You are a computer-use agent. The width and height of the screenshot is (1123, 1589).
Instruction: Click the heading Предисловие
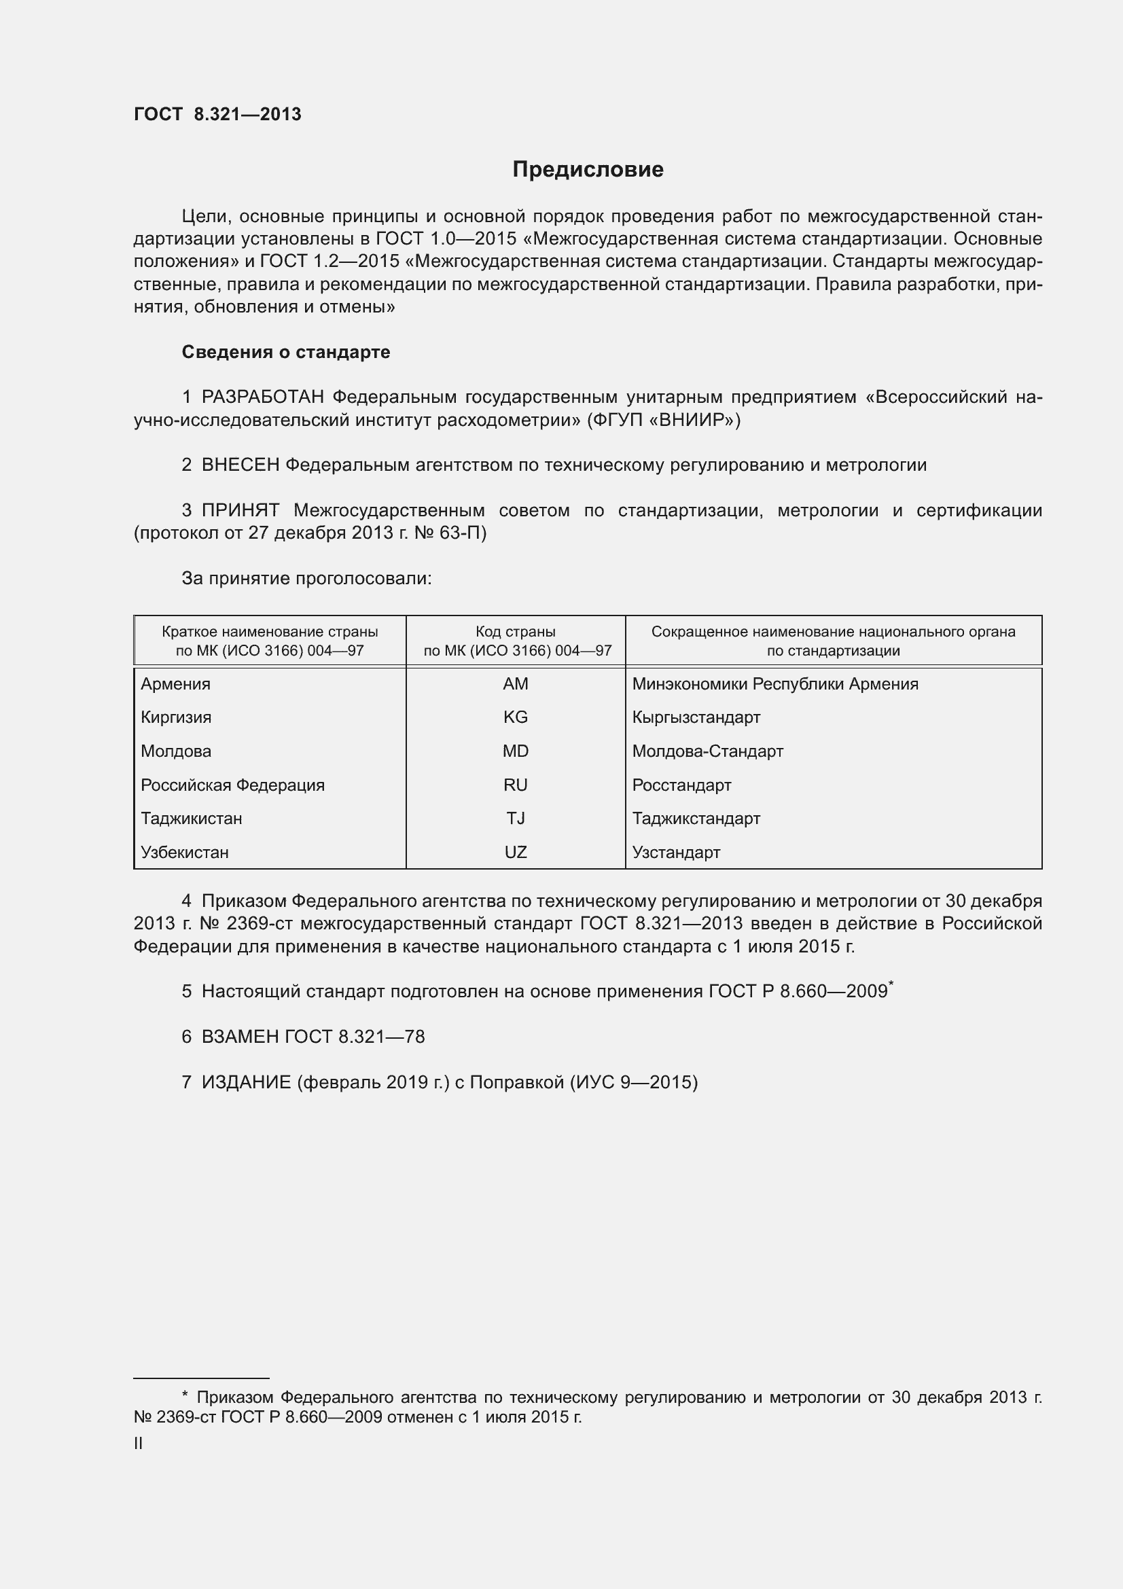[588, 170]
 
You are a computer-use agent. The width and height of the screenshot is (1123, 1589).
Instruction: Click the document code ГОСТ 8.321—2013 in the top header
[217, 115]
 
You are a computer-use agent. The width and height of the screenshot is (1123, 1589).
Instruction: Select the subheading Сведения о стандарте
[286, 353]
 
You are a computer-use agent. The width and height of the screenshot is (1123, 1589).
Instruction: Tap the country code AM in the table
[516, 684]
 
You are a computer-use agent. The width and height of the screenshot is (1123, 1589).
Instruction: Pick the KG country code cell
[516, 717]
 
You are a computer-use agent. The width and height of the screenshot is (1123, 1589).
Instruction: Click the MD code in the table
[516, 751]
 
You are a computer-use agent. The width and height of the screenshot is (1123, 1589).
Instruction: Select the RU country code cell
[516, 785]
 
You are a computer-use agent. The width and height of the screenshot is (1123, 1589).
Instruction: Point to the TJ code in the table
[516, 818]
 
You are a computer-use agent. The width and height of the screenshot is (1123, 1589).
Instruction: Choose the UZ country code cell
[516, 852]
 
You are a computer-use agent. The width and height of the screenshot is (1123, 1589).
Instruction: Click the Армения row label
[176, 684]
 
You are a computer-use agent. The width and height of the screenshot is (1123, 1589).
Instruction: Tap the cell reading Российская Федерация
[232, 785]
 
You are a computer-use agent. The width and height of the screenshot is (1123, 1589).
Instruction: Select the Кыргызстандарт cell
[696, 717]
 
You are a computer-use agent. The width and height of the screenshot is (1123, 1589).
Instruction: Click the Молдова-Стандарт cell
[707, 751]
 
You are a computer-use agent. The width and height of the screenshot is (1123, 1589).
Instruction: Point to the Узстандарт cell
[676, 852]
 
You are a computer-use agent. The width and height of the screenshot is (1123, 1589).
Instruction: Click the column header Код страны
[516, 632]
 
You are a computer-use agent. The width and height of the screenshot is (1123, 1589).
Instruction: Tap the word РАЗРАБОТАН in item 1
[263, 397]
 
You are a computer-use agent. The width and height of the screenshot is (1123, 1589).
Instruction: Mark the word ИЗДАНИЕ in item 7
[247, 1082]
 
